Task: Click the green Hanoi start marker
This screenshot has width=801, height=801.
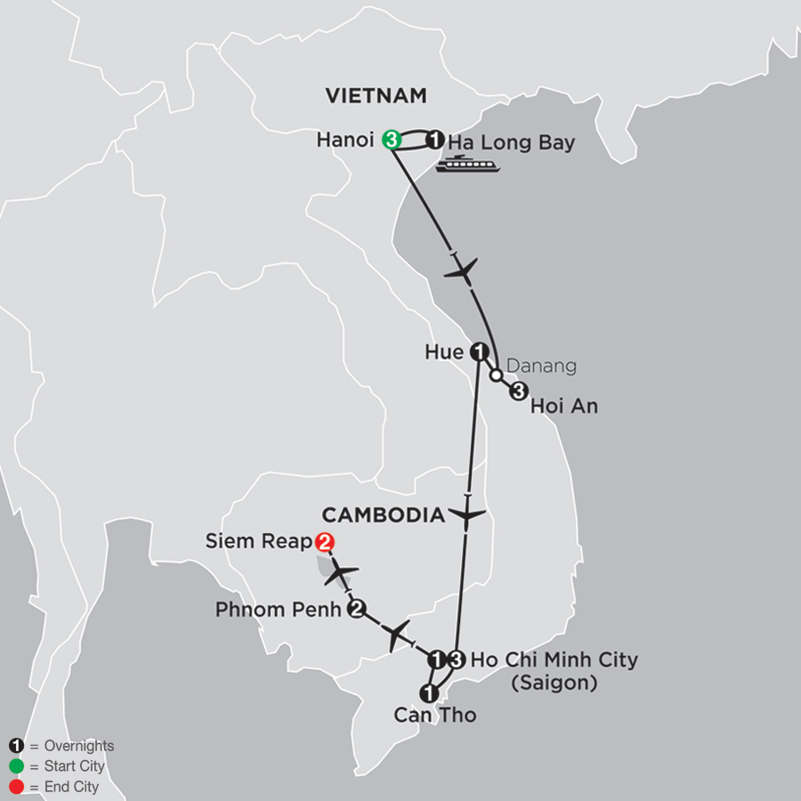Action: point(390,139)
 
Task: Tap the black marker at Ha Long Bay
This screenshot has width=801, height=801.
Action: point(434,140)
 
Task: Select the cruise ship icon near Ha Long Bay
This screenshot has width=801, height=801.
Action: point(466,163)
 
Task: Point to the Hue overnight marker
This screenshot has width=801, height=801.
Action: point(479,352)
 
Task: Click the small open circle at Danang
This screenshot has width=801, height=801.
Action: point(495,375)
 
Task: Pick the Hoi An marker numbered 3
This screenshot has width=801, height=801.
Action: point(519,390)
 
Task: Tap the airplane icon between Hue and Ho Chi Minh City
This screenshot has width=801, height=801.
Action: point(467,514)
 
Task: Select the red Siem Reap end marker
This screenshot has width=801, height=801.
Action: point(325,541)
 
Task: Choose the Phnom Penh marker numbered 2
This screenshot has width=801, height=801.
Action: point(357,610)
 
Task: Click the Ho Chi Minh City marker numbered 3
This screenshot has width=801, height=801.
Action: point(456,659)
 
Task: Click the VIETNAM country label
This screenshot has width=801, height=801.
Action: point(376,95)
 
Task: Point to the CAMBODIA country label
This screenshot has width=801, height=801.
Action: point(383,514)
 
